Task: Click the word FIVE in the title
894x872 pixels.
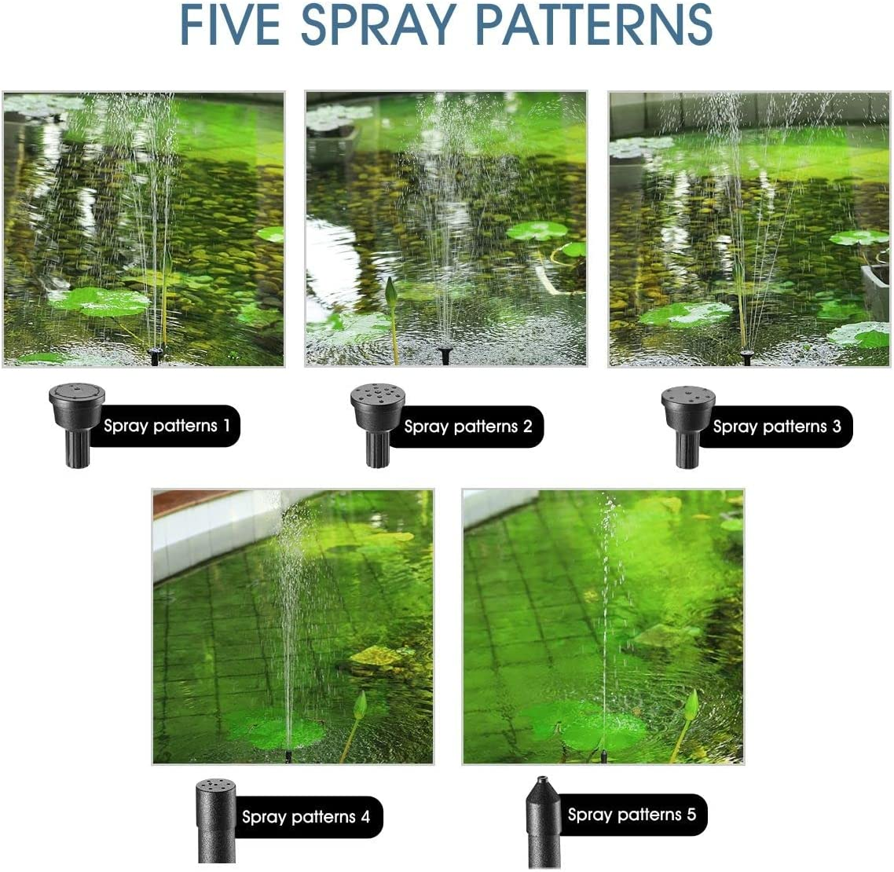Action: point(229,24)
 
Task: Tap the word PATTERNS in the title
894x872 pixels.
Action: point(594,24)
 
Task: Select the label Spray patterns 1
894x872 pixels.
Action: point(167,426)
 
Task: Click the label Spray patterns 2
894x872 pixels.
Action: point(467,427)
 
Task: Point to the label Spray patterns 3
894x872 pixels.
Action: point(776,427)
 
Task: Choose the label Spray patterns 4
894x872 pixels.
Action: point(306,817)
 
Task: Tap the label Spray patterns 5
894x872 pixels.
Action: point(632,815)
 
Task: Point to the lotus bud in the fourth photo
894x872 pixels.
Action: point(360,705)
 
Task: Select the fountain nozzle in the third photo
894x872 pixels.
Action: point(746,357)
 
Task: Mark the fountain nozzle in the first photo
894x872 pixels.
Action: point(156,357)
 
